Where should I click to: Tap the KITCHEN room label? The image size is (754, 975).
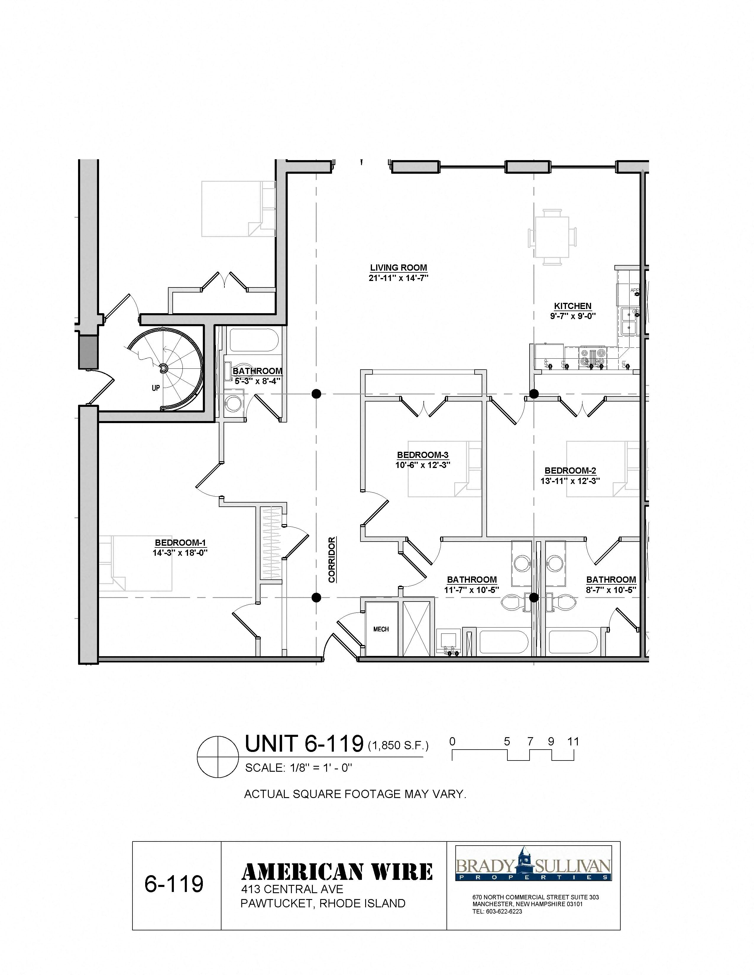click(573, 306)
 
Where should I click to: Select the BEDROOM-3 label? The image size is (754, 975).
click(423, 455)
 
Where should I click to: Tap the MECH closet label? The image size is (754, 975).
click(381, 629)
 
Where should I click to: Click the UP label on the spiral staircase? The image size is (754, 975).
click(156, 388)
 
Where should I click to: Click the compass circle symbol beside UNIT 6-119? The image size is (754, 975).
click(217, 757)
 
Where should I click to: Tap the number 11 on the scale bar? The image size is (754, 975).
click(573, 742)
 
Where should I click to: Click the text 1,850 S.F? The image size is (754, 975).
click(398, 745)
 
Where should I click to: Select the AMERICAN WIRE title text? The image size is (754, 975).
click(337, 872)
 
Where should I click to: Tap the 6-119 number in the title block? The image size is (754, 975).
click(174, 884)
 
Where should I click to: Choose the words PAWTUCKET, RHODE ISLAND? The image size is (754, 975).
click(323, 903)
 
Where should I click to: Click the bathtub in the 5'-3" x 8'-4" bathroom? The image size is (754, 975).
click(253, 341)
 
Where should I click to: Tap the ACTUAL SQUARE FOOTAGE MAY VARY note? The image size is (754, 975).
click(355, 794)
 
